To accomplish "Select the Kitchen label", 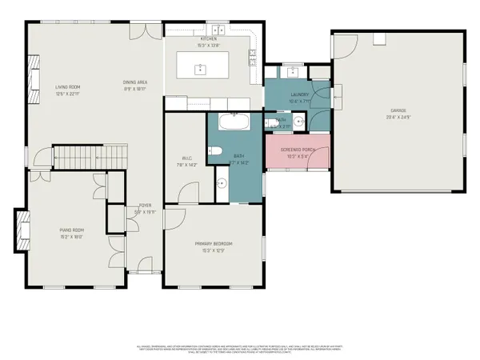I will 209,38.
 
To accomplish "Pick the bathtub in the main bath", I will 236,122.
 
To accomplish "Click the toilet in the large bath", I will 214,151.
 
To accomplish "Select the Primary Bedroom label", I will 214,244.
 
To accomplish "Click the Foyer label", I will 145,206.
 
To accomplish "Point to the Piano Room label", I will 50,231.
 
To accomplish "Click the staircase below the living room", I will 89,157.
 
